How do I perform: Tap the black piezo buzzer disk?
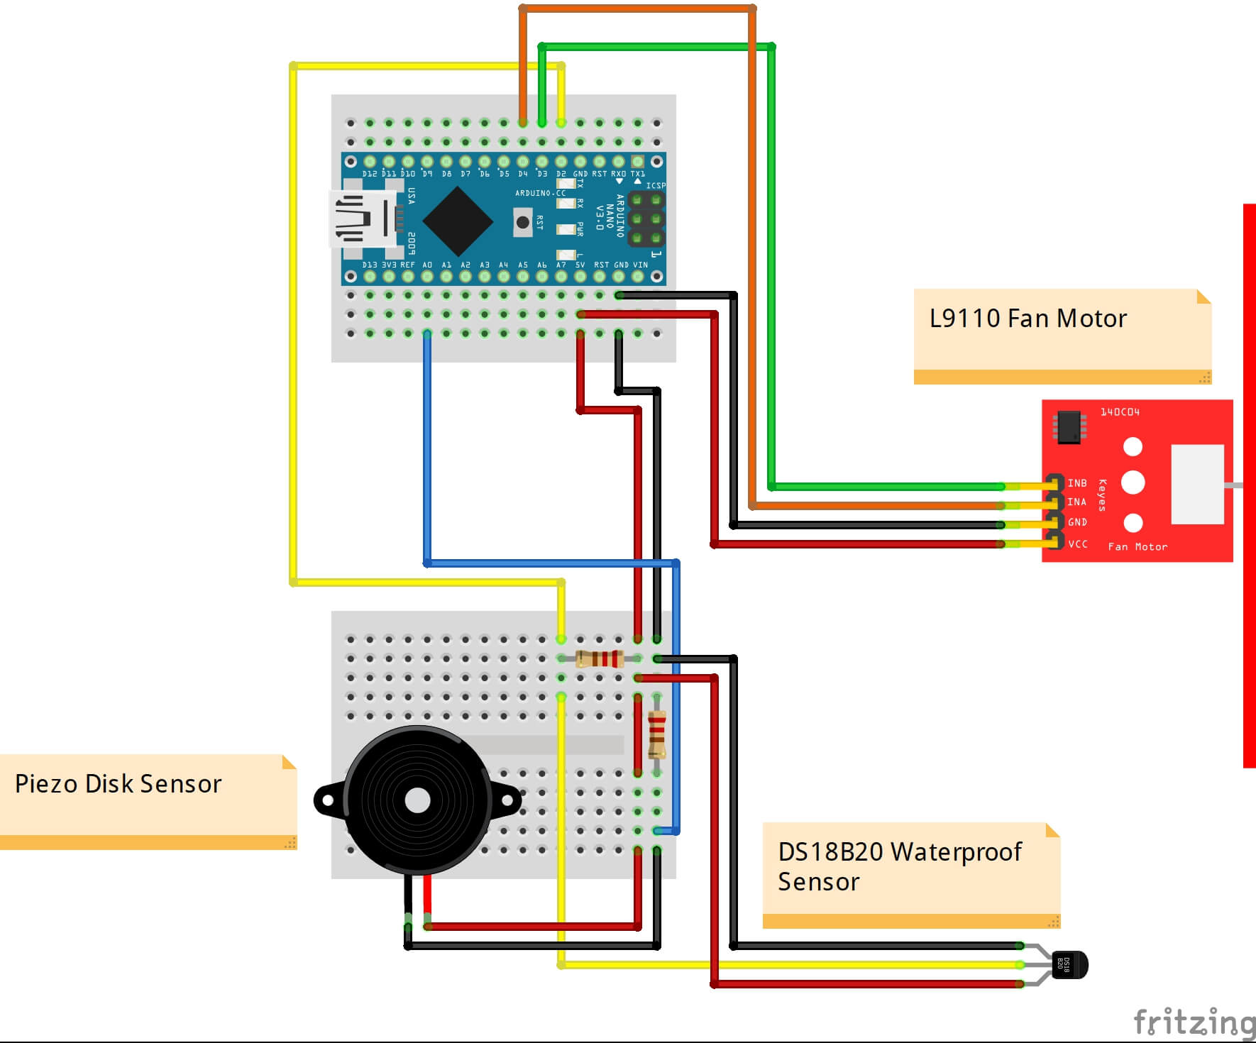coord(417,800)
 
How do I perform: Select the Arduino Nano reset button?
coord(523,223)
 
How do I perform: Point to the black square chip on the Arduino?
coord(458,221)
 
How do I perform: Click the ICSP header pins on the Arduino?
coord(646,219)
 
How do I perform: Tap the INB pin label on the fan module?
coord(1077,483)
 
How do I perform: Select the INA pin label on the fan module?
coord(1077,502)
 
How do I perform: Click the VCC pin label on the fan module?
coord(1078,544)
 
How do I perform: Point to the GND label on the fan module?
coord(1078,522)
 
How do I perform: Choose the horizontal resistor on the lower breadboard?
coord(600,659)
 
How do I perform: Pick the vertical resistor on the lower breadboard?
coord(657,734)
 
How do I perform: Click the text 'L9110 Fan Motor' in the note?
coord(1028,319)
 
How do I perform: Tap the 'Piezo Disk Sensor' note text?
coord(119,784)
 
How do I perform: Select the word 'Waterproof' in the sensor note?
coord(956,851)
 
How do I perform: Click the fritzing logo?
coord(1194,1022)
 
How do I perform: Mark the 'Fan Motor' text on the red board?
coord(1137,547)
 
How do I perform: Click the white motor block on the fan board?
coord(1197,484)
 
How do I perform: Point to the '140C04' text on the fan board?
coord(1120,412)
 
